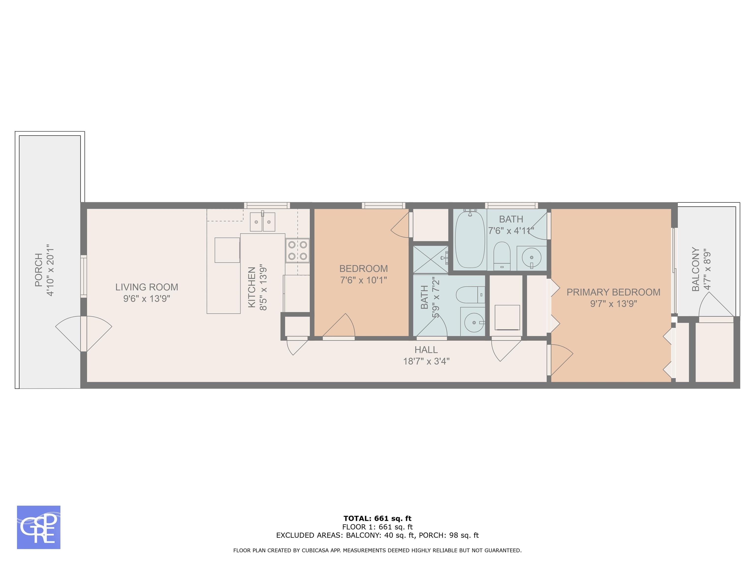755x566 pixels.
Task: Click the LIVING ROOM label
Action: click(147, 287)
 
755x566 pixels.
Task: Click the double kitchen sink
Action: click(262, 222)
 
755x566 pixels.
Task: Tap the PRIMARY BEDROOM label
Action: click(613, 292)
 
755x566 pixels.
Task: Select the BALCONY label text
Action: click(696, 269)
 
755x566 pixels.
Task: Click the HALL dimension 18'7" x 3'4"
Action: click(426, 361)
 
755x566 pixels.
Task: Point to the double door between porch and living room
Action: click(84, 333)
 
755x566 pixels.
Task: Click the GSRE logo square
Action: click(39, 527)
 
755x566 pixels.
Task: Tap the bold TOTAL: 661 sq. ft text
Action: click(377, 519)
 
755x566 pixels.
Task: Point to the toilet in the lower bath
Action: click(471, 295)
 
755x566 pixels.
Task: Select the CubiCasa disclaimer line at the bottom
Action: click(377, 550)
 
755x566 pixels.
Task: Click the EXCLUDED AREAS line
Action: click(377, 535)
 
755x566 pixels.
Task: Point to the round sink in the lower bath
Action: click(473, 322)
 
